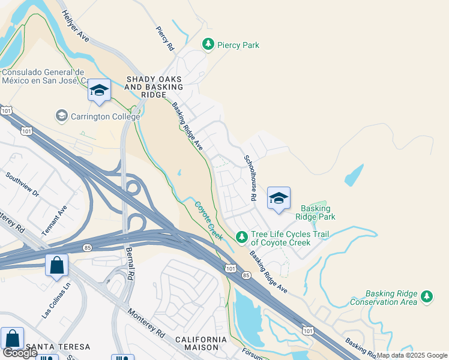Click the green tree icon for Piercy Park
tap(208, 44)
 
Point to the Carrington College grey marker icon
tap(61, 115)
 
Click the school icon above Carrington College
tap(99, 91)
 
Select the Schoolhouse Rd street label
tap(250, 178)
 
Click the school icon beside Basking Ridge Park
tap(278, 198)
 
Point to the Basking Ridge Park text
tap(318, 212)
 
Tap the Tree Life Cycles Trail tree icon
tap(242, 238)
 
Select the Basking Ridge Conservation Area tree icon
tap(427, 297)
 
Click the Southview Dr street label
tap(22, 185)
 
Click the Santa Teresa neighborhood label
tap(58, 347)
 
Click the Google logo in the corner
tap(20, 353)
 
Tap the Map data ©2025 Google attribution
tap(412, 355)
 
